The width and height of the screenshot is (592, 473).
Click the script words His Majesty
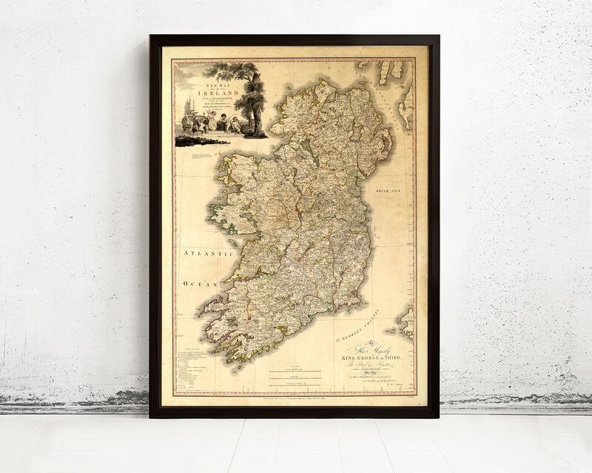click(370, 348)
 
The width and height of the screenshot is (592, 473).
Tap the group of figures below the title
click(222, 122)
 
